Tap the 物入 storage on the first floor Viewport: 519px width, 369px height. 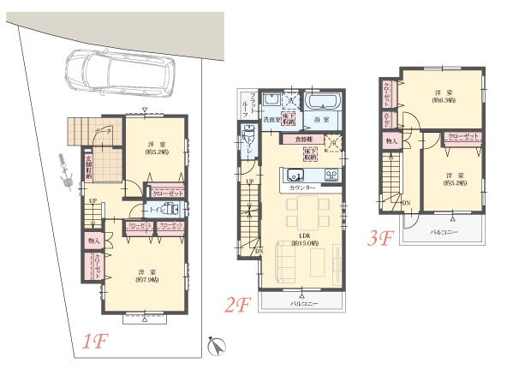94,242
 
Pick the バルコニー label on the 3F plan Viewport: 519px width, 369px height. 444,233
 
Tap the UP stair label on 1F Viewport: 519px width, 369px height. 91,202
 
